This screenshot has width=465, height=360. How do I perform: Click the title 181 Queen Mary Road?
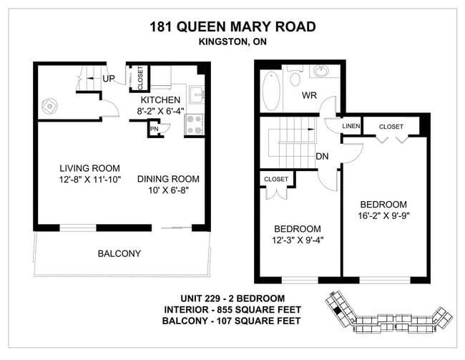(232, 28)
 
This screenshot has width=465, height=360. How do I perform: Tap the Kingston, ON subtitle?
(232, 42)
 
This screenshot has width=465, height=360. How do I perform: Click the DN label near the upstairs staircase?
(323, 156)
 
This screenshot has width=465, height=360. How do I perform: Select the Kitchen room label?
(161, 99)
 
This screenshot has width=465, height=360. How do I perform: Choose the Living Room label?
(89, 169)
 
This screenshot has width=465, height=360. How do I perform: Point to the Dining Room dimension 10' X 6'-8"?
(168, 191)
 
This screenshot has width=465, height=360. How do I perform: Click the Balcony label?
(119, 253)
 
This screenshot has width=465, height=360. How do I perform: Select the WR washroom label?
(309, 95)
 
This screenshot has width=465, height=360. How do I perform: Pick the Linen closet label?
(351, 127)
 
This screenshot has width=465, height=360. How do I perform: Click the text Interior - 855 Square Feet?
(232, 310)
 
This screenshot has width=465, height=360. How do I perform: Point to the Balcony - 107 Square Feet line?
(232, 321)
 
